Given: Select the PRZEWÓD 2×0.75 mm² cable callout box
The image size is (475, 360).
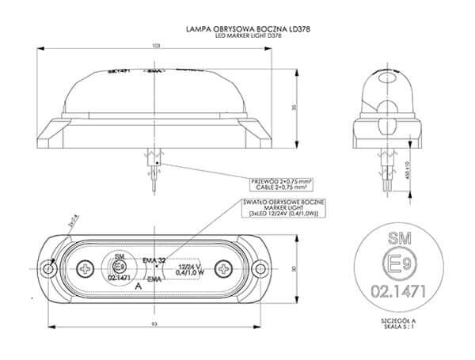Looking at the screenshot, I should [x=281, y=185].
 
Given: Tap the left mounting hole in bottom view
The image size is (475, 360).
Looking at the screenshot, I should [x=49, y=270].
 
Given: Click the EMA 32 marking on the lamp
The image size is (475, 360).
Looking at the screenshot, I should [x=154, y=260].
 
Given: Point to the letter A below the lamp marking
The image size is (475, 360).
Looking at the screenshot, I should [x=139, y=289].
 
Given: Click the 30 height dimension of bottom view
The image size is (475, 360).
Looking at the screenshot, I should [x=292, y=270].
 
